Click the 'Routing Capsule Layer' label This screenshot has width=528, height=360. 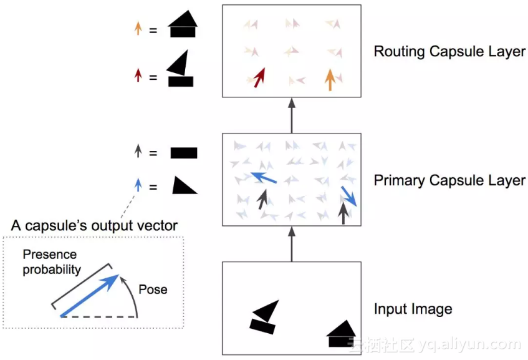coord(449,51)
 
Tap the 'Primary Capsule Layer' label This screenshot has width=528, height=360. coord(449,181)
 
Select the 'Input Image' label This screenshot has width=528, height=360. coord(413,309)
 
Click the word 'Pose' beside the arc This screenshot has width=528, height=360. coord(153,289)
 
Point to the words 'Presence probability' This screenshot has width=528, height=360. coord(52,262)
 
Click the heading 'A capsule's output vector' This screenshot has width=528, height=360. coord(94,225)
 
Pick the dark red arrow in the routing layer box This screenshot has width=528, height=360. coord(259,77)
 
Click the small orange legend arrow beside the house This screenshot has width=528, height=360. coord(138,28)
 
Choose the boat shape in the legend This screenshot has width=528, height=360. coord(181,69)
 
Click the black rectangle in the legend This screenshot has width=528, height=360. coord(184,153)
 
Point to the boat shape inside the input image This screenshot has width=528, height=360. coord(264,316)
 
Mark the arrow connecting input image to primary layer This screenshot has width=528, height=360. coord(291,244)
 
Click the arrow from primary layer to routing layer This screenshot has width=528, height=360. coord(291,115)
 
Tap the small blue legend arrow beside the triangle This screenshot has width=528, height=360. coord(138,185)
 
